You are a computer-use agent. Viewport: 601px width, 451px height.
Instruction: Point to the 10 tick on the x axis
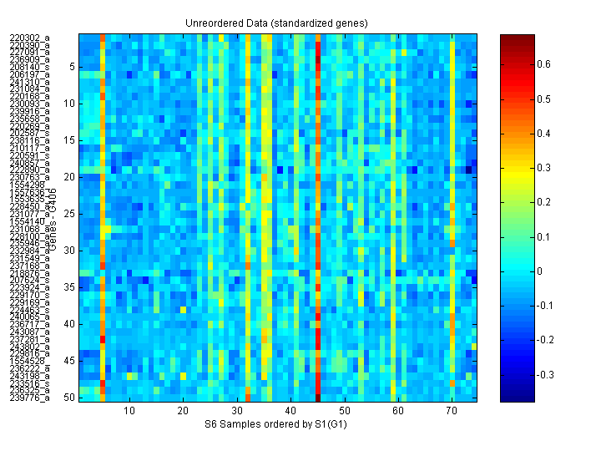point(129,411)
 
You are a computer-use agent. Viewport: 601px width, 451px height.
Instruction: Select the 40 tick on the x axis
point(290,411)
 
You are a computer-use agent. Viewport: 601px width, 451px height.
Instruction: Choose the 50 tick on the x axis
point(344,411)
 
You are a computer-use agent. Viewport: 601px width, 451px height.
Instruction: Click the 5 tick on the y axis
point(72,67)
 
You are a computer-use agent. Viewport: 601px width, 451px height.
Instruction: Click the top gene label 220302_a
point(30,38)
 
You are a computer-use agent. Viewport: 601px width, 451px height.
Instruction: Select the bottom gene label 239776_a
point(30,398)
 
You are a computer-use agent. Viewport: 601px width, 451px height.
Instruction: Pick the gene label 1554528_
point(30,361)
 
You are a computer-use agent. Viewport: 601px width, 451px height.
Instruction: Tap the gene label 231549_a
point(30,258)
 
